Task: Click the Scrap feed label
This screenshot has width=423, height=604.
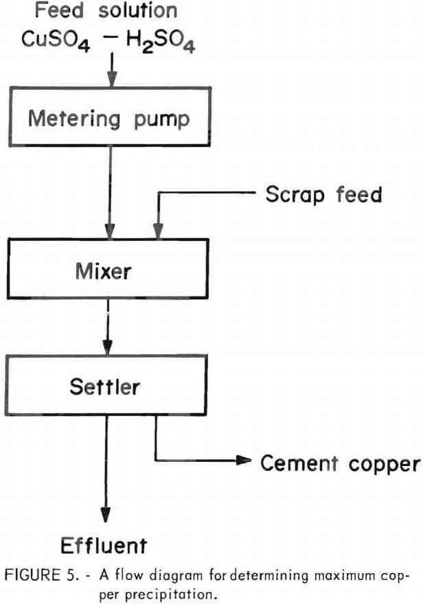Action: coord(323,194)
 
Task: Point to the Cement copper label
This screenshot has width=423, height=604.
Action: coord(340,463)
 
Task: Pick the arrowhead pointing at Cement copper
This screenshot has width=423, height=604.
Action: coord(243,461)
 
